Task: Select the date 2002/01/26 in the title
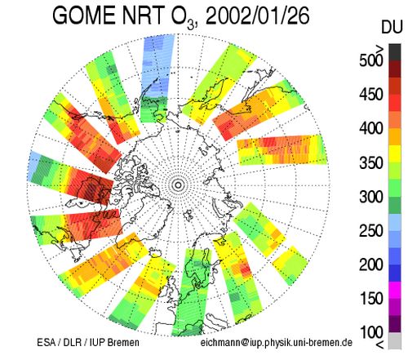(257, 16)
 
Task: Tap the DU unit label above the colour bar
(392, 27)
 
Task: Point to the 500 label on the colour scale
(371, 60)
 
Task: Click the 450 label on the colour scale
(371, 95)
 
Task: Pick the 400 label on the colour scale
(371, 128)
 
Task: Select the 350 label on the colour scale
(371, 162)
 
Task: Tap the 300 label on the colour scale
(371, 197)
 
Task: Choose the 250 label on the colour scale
(371, 231)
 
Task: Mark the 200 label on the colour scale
(371, 264)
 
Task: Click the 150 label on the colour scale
(371, 299)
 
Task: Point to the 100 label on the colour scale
(371, 332)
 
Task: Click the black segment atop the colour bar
(395, 52)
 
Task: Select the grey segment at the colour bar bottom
(395, 340)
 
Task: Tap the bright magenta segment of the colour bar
(395, 290)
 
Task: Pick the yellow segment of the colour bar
(395, 153)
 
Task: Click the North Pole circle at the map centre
(178, 185)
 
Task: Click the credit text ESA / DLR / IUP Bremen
(88, 342)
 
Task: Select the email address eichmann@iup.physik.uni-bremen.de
(277, 343)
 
